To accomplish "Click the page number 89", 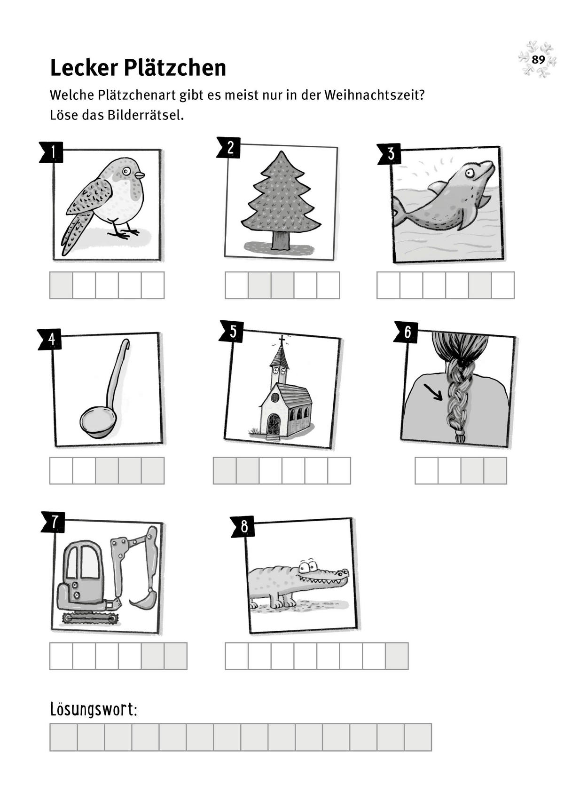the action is pyautogui.click(x=538, y=60).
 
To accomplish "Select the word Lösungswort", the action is pyautogui.click(x=93, y=709).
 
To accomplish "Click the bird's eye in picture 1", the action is pyautogui.click(x=126, y=171).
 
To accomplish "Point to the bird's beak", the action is pyautogui.click(x=140, y=175).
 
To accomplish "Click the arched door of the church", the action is pyautogui.click(x=274, y=424).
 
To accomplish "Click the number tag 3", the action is pyautogui.click(x=390, y=154).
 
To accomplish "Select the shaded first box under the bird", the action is pyautogui.click(x=61, y=285).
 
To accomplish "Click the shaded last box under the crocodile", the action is pyautogui.click(x=397, y=656).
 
